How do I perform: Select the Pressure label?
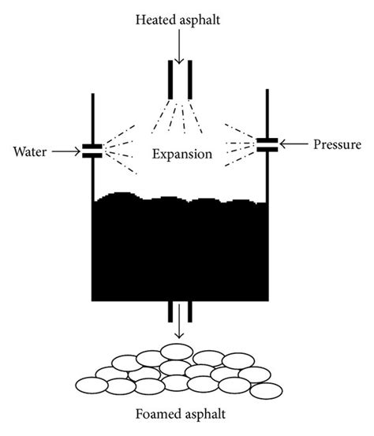point(336,144)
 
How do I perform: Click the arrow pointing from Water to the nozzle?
point(65,150)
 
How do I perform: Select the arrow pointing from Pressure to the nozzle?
point(297,144)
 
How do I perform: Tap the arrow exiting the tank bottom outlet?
point(180,322)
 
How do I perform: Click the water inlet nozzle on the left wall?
point(92,151)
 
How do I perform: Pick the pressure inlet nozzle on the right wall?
point(268,144)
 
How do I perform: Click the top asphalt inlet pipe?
point(180,79)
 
